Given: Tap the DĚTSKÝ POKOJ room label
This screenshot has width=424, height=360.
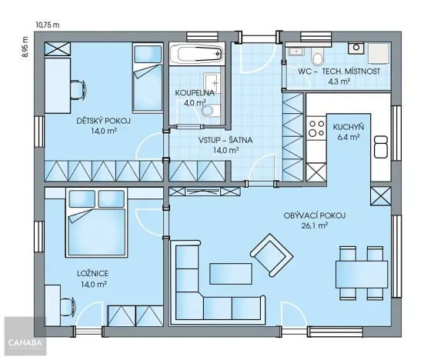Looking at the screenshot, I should (103, 122).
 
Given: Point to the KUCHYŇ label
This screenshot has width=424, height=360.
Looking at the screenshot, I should (349, 127).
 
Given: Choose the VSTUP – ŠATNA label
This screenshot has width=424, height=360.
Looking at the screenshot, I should (225, 140).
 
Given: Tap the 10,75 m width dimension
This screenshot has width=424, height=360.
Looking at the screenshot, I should (47, 25).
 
